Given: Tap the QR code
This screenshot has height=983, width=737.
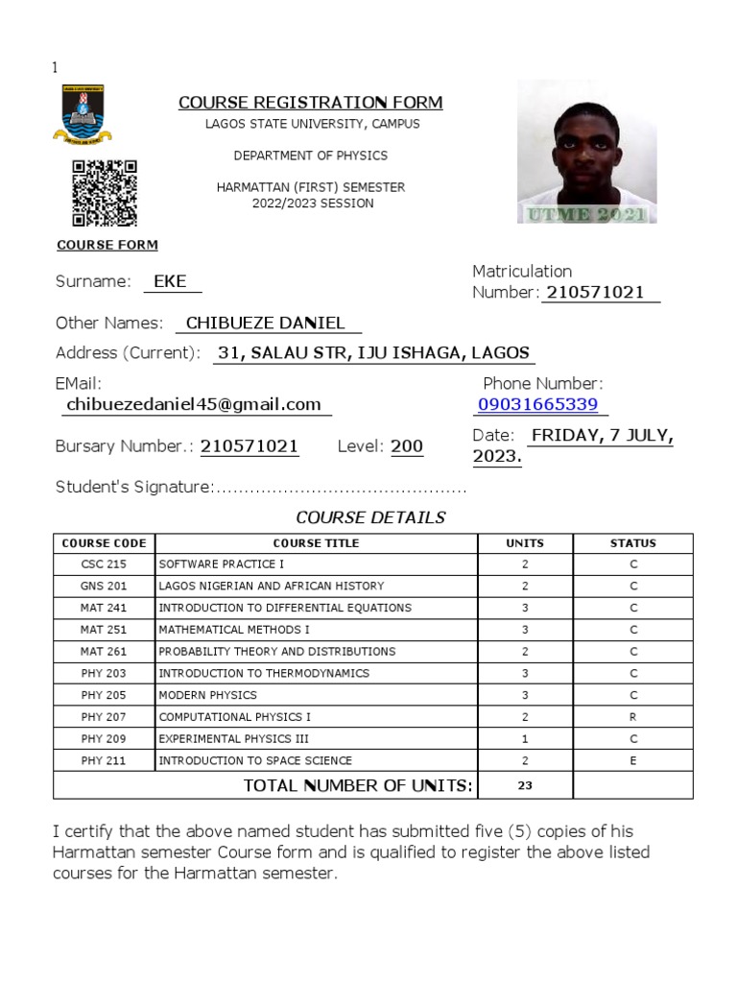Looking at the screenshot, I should [105, 192].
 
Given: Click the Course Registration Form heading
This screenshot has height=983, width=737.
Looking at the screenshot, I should [310, 103].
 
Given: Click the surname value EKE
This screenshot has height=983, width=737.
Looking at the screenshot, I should [171, 281].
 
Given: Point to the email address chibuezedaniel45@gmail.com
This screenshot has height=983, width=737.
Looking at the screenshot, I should [194, 404].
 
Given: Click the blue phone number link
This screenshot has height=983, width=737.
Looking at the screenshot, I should [537, 404].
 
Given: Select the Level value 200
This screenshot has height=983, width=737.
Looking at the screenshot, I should [407, 446].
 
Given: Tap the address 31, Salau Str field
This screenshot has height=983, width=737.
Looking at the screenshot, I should [373, 352].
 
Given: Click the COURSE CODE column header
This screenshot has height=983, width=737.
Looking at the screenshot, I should [104, 543].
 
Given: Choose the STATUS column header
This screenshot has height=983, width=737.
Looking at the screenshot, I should [632, 543].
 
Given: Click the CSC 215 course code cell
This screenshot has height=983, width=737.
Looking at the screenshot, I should [104, 564].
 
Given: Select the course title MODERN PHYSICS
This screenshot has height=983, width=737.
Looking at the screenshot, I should [207, 695].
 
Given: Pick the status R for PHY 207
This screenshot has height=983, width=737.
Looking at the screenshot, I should [632, 717].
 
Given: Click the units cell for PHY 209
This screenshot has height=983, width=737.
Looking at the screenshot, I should [525, 739].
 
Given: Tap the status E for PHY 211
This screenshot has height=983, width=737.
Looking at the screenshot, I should [632, 760].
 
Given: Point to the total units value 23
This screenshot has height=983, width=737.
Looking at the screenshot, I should [525, 786].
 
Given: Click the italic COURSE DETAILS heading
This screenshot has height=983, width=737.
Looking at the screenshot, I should [370, 517].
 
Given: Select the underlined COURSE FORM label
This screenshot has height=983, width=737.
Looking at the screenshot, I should [107, 245].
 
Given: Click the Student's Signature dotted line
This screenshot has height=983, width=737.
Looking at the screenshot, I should [340, 489].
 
